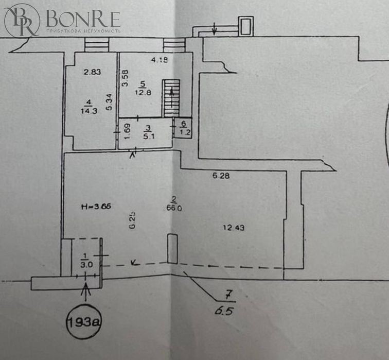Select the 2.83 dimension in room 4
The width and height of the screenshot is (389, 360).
coord(92,72)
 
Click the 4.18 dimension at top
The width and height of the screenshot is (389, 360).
coord(160,60)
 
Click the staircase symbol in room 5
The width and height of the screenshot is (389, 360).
coord(172,97)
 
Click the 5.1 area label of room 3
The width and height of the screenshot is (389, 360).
coord(148,136)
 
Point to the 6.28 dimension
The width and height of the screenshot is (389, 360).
coord(221,176)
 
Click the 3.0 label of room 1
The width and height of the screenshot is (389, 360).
coord(86,266)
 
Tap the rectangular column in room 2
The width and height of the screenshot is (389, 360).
coord(173,248)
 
